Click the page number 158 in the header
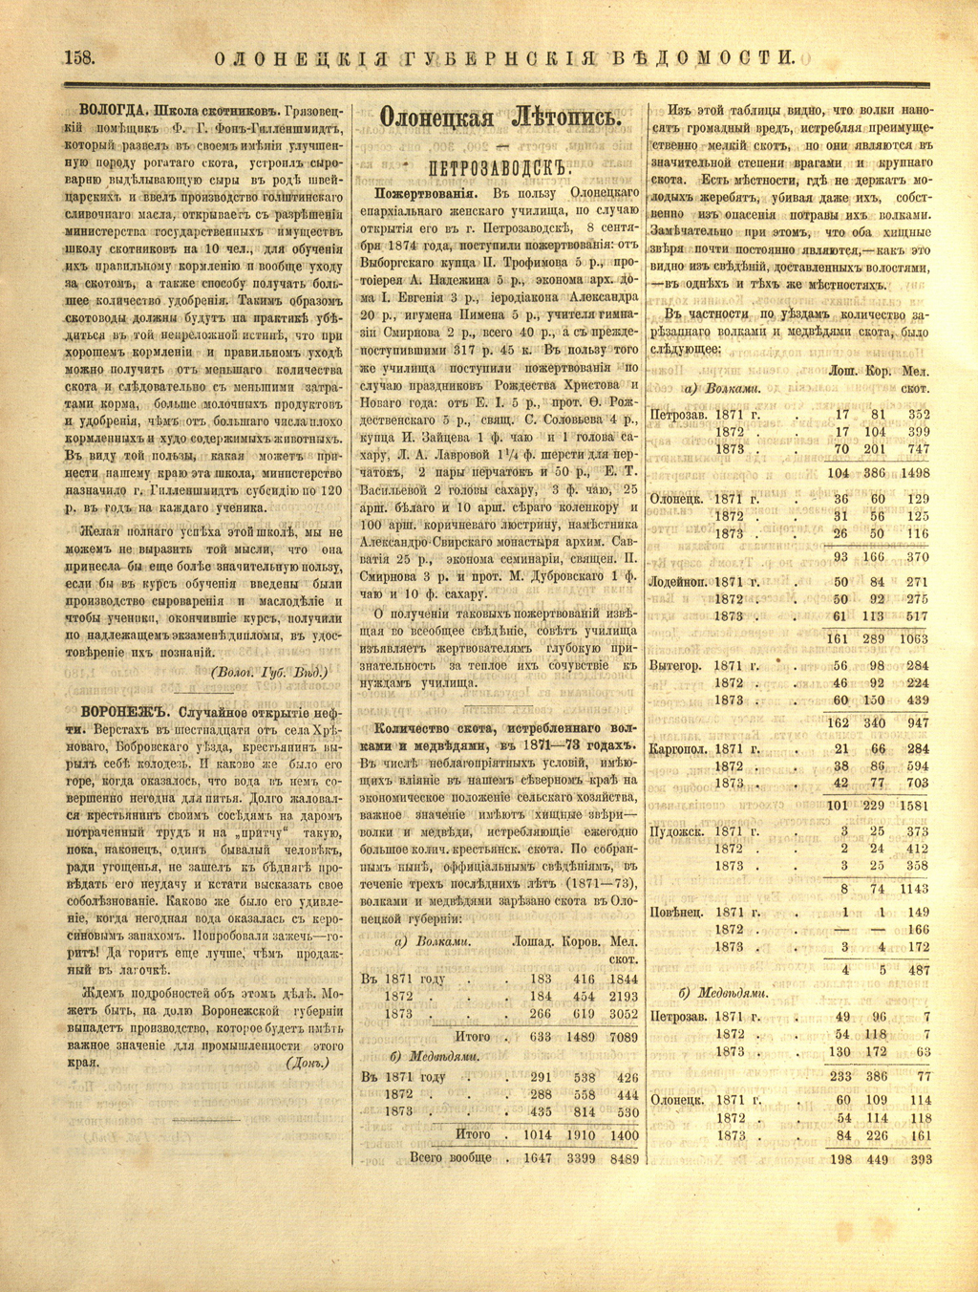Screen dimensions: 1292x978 (x=78, y=56)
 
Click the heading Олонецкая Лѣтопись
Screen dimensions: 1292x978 (x=500, y=118)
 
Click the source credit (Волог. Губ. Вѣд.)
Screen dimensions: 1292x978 (x=268, y=672)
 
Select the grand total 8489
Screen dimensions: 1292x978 (x=624, y=1158)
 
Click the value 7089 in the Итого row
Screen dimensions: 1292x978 (x=624, y=1037)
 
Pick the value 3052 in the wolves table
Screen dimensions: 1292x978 (x=624, y=1013)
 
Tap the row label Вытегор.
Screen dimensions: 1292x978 (x=675, y=666)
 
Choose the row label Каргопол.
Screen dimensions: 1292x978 (x=678, y=749)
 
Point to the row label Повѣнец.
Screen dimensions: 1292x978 (x=676, y=912)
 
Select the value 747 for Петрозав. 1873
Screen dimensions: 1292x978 (x=918, y=449)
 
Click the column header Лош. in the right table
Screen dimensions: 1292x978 (x=841, y=371)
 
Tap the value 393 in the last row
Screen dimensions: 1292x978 (x=920, y=1159)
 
